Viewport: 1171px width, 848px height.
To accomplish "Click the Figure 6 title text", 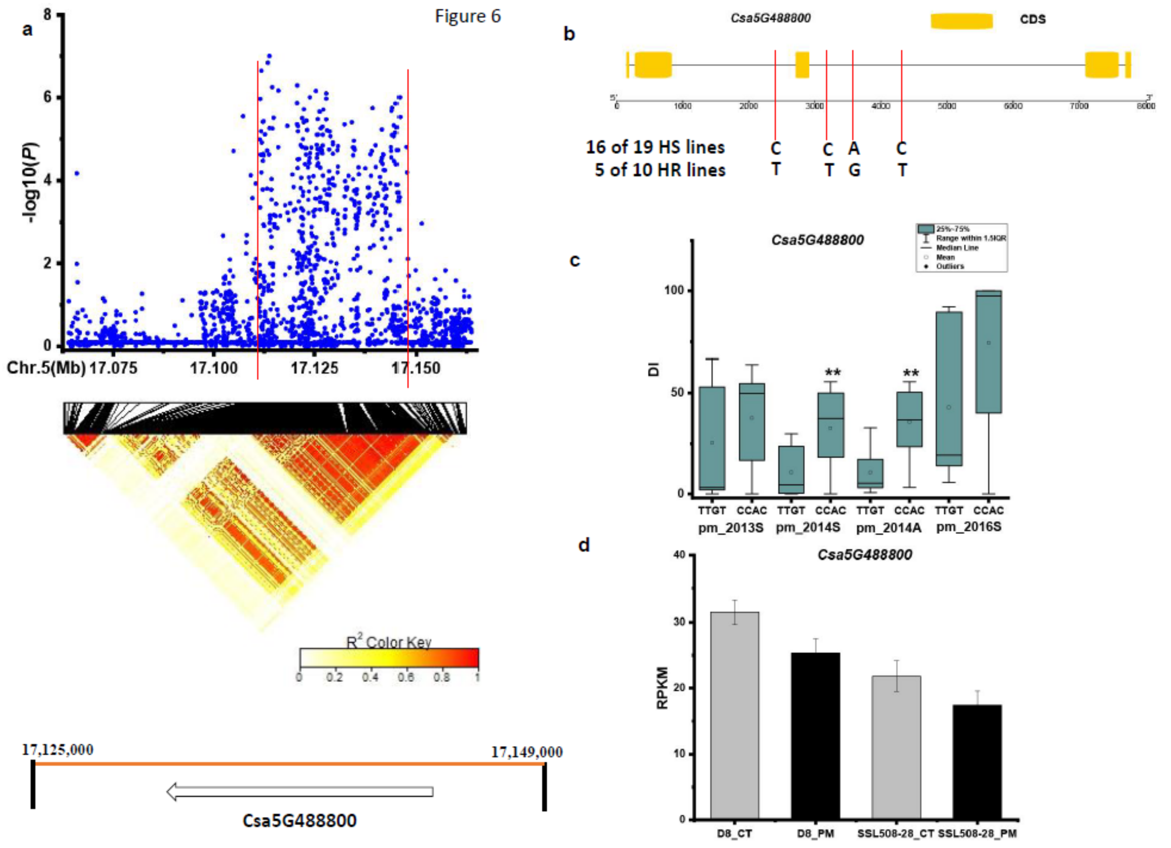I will click(467, 17).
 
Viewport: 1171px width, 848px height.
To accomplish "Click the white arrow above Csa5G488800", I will click(300, 792).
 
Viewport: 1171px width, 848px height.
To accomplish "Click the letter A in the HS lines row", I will click(854, 148).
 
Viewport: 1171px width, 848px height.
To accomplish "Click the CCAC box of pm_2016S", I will click(988, 351).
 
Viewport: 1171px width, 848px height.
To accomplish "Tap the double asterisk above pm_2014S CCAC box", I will click(832, 373).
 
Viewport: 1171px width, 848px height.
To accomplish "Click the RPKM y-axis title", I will click(662, 688).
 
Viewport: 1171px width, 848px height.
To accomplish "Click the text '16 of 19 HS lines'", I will click(655, 148).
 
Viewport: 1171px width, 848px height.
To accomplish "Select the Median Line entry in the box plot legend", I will click(957, 248).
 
